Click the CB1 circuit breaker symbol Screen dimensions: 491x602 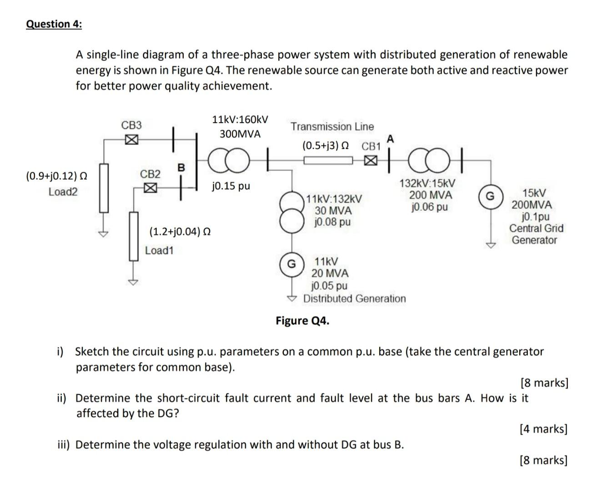[371, 160]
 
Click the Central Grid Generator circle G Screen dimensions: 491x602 [490, 196]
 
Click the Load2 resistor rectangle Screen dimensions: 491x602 [104, 188]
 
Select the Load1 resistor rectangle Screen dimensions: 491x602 [133, 236]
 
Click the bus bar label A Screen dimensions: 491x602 [391, 139]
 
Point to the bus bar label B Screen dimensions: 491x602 [181, 167]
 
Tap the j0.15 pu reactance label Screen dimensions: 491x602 [231, 186]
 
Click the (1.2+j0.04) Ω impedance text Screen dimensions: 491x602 [180, 232]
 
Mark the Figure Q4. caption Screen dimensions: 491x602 [302, 321]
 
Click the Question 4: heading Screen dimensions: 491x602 [54, 24]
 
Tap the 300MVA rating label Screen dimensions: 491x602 [240, 134]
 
